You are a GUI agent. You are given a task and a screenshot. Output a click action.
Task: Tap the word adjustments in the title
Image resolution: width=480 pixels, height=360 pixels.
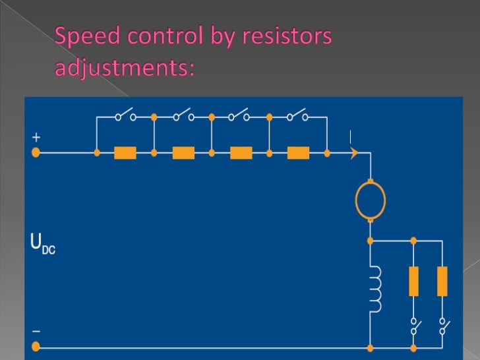point(125,67)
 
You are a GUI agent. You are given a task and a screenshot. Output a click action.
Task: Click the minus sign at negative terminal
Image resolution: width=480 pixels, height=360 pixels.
point(36,331)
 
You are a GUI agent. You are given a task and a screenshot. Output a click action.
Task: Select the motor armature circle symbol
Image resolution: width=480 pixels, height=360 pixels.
point(370,200)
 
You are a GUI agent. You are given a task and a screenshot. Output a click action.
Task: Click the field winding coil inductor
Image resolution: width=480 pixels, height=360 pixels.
point(375,290)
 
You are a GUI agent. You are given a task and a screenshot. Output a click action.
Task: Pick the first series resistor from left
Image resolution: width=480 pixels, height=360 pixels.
point(125,153)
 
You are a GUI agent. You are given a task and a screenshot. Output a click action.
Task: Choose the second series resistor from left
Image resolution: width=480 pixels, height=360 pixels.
point(183,153)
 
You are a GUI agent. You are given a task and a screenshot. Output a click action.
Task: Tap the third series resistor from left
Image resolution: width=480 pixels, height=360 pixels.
point(241,153)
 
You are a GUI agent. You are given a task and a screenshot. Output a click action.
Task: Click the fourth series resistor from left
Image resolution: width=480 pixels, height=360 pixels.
point(298,153)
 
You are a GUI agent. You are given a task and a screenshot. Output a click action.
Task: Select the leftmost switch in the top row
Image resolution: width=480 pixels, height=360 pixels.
point(125,115)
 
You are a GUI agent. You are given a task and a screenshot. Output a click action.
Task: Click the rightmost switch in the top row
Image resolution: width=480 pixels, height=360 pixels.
point(298,115)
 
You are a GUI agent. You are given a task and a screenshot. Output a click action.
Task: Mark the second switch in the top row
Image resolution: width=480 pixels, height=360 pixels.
point(183,115)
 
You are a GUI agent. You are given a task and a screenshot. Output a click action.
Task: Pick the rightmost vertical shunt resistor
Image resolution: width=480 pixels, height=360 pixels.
point(442,281)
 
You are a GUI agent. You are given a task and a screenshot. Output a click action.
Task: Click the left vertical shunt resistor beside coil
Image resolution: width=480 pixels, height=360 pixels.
point(413,281)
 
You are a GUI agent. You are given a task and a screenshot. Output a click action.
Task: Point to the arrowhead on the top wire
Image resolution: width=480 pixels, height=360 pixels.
point(354,153)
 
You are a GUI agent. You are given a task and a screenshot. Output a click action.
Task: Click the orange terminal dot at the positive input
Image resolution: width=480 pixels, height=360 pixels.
point(36,153)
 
